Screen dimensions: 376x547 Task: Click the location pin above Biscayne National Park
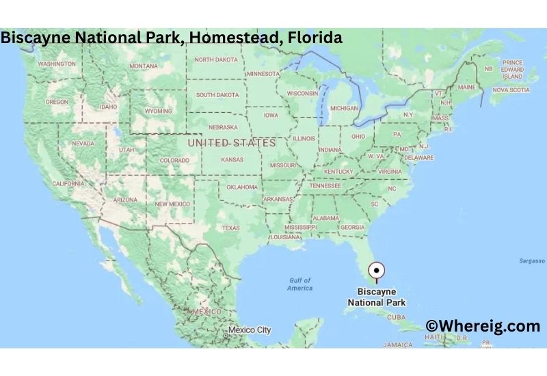click(376, 271)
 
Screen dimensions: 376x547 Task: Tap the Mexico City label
click(250, 330)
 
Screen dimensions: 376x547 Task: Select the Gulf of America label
click(300, 284)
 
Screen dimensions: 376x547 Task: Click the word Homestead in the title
click(230, 37)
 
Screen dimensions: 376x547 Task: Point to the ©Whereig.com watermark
click(483, 326)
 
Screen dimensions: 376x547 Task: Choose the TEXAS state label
click(231, 228)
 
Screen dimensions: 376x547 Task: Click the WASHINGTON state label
click(57, 64)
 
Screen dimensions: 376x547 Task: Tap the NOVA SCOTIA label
click(511, 90)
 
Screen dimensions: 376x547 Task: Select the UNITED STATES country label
click(232, 143)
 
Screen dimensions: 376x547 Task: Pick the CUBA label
click(397, 317)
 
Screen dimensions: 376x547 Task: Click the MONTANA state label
click(144, 66)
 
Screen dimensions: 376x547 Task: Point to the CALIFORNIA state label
click(68, 183)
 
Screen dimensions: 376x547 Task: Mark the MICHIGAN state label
click(344, 108)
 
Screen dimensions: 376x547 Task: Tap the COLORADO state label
click(174, 160)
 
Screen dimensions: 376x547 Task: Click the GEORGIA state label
click(352, 227)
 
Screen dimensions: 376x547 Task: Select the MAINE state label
click(466, 88)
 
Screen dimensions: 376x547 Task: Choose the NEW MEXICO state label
click(172, 204)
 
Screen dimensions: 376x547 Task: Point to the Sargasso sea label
click(531, 261)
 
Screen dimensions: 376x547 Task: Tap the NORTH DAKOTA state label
click(216, 59)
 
